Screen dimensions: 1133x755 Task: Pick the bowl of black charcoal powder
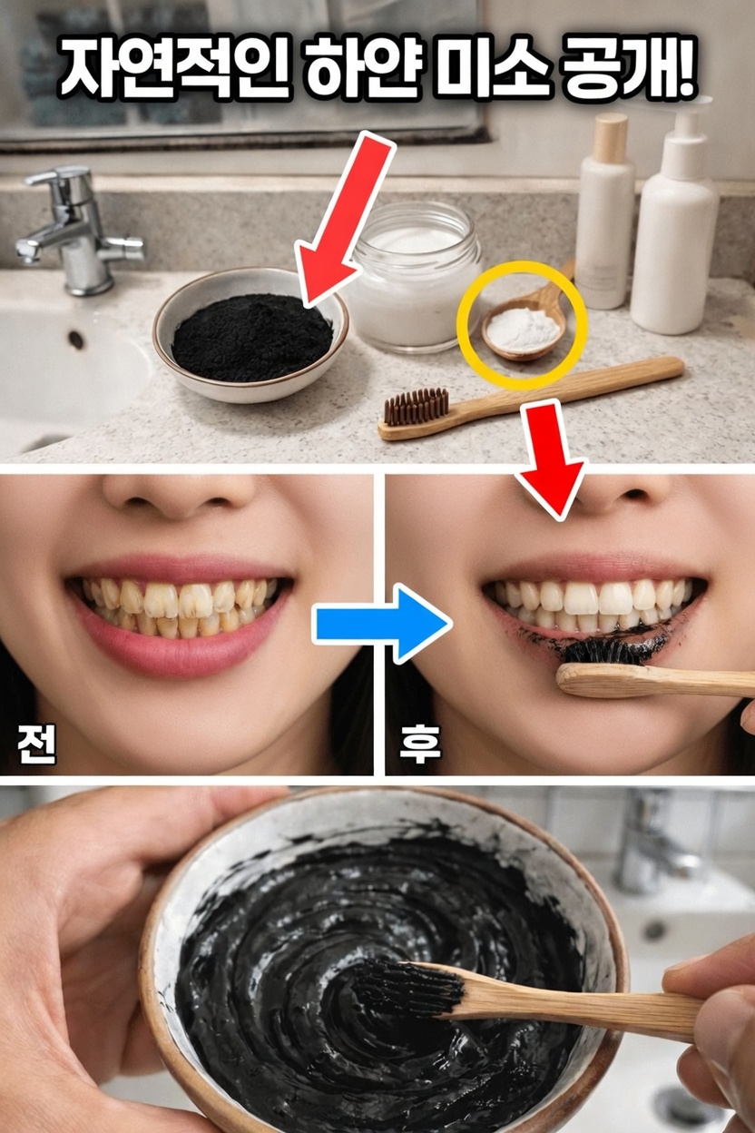(x=250, y=333)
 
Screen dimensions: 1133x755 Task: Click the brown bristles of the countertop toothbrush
(x=416, y=407)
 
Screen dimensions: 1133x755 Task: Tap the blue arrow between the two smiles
(x=381, y=623)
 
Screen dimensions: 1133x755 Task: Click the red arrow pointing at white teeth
(x=553, y=458)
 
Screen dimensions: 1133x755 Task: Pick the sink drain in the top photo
(x=75, y=340)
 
